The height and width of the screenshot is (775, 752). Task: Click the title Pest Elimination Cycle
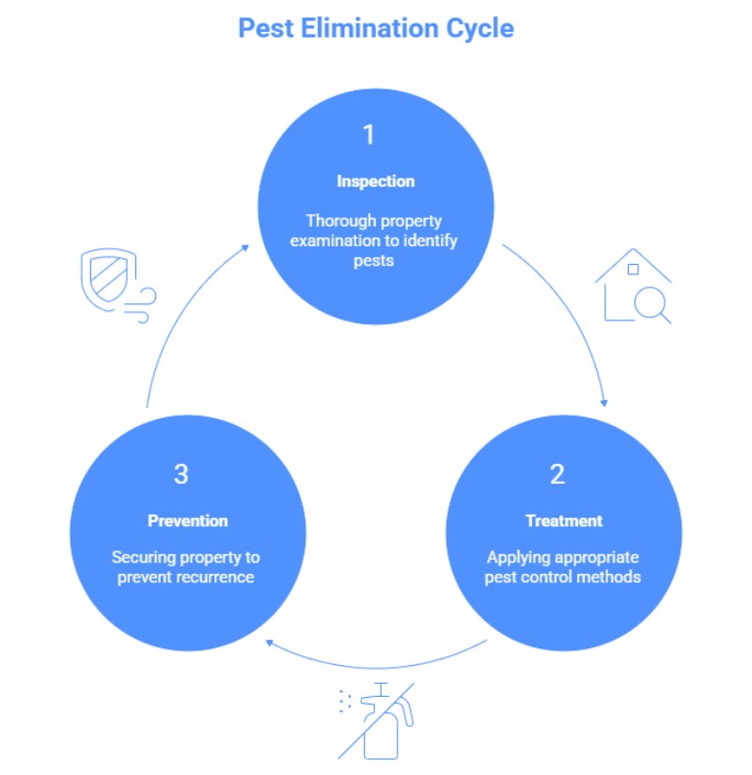(376, 27)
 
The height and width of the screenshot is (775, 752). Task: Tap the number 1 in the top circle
(369, 135)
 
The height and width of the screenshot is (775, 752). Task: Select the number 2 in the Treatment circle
(557, 474)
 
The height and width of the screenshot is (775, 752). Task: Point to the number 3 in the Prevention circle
(181, 474)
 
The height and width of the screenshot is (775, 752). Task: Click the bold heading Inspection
(375, 181)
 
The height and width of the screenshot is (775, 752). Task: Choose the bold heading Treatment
(563, 520)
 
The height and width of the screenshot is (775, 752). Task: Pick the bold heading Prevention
(188, 520)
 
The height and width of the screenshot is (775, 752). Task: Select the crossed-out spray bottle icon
(376, 720)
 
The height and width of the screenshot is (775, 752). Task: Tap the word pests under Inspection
(375, 261)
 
